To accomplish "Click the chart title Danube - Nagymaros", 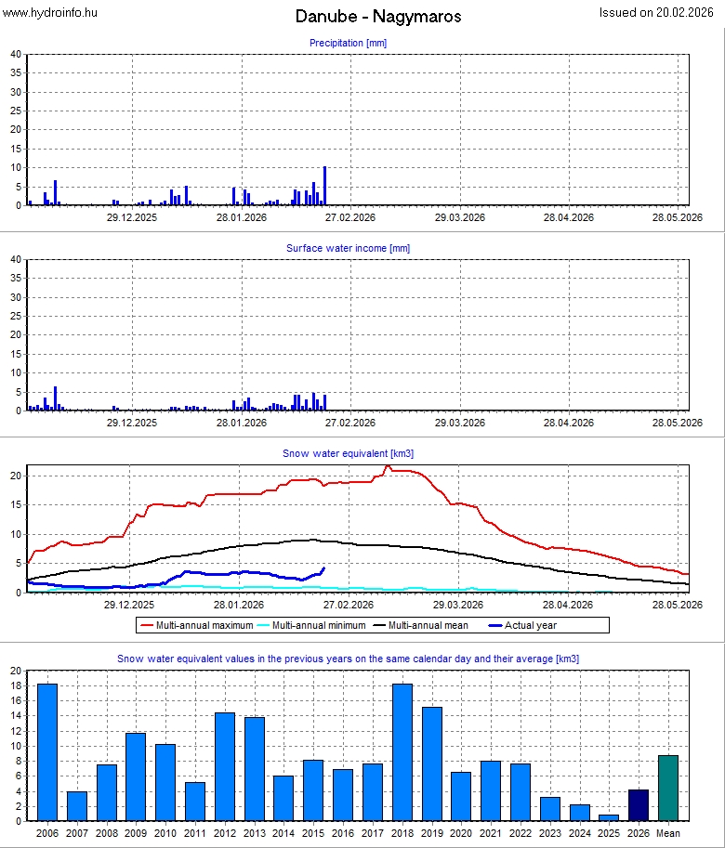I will click(378, 17).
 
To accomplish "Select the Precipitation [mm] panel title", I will click(348, 43).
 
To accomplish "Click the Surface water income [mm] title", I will click(348, 248).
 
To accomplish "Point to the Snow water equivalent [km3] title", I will click(348, 453).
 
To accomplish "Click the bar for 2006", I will click(47, 752).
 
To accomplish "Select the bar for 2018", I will click(402, 752).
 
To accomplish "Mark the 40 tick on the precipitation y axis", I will click(16, 54).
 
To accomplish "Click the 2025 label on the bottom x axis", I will click(609, 833).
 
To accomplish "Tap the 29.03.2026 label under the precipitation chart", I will click(460, 217).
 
